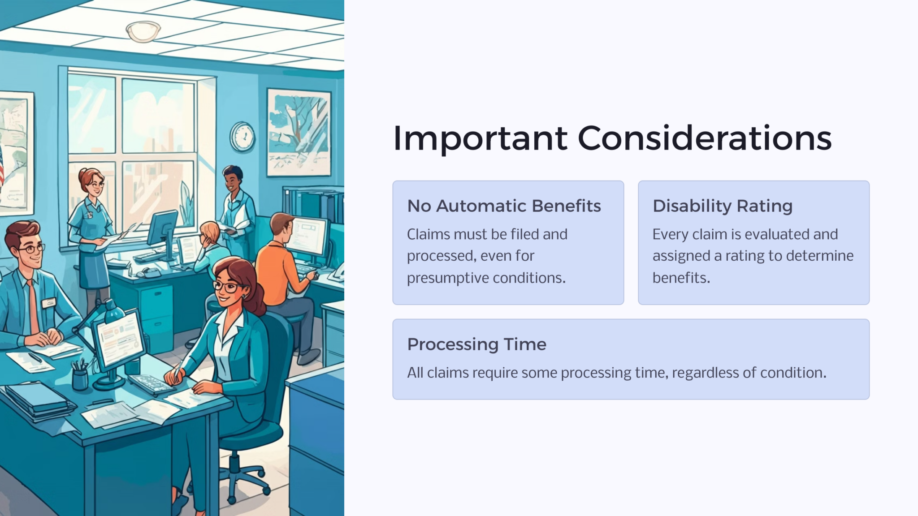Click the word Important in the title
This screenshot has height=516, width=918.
480,138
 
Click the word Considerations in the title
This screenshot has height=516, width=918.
704,138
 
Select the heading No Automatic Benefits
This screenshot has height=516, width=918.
504,206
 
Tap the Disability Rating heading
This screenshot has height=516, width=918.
722,206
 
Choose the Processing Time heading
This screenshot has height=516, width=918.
476,344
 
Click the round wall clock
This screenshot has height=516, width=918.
242,137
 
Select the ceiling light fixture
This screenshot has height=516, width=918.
143,32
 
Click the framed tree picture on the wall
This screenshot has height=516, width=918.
299,132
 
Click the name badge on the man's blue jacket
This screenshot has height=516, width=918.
49,303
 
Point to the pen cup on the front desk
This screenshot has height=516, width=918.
80,378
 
